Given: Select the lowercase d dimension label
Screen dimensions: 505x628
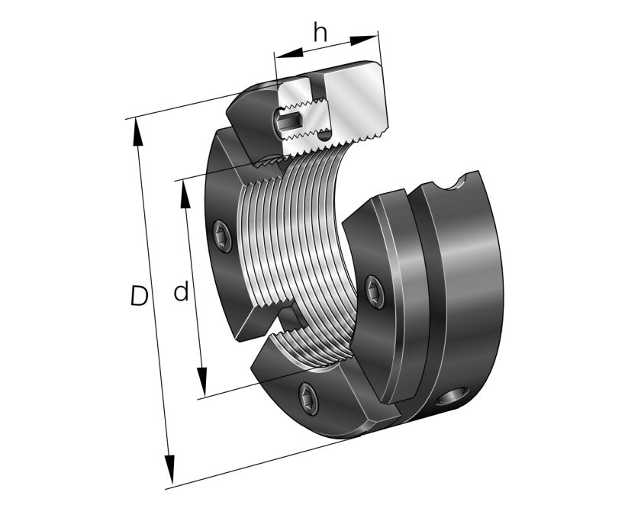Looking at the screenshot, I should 181,291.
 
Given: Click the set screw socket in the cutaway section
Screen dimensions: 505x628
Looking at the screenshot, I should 288,119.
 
